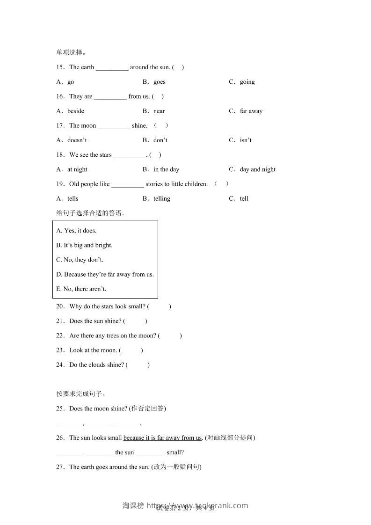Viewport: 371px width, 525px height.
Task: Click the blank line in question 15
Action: point(112,67)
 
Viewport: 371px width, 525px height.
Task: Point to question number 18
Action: point(60,155)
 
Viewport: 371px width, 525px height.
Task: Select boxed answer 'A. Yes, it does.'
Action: point(76,231)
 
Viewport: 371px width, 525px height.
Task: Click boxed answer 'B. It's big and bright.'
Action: point(84,245)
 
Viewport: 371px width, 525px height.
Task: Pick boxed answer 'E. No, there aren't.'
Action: point(81,289)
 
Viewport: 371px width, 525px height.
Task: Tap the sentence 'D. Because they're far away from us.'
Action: point(105,275)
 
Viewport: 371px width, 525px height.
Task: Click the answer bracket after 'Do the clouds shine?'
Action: point(138,365)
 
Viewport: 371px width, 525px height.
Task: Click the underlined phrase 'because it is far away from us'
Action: point(162,438)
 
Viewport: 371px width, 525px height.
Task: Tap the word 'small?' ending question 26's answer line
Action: point(175,452)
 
